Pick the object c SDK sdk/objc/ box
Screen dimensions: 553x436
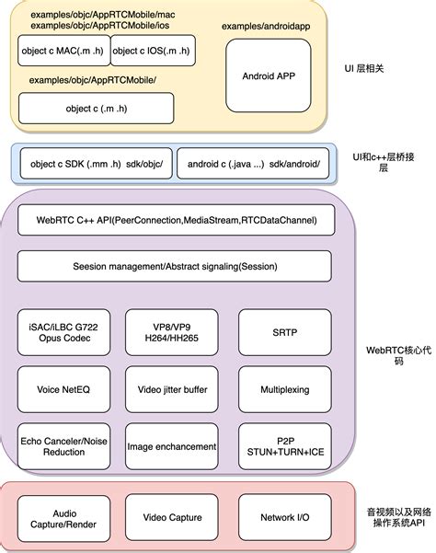click(x=89, y=164)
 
